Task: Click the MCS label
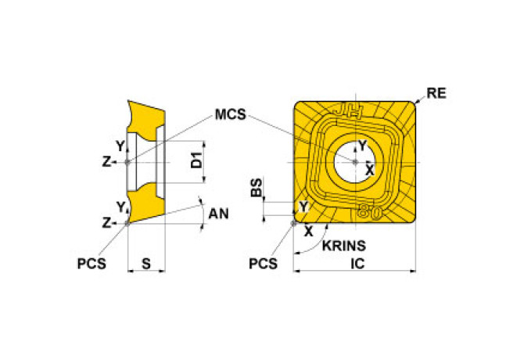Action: [x=230, y=115]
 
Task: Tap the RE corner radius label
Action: [x=436, y=94]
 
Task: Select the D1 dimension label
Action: [x=197, y=163]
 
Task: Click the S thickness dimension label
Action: [x=146, y=264]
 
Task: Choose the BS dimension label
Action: [x=256, y=189]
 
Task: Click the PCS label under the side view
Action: [x=92, y=264]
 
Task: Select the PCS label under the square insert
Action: [x=263, y=264]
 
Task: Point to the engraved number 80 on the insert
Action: [x=369, y=211]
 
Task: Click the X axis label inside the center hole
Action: [x=369, y=169]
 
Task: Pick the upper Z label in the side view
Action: [x=106, y=162]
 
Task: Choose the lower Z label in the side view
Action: [x=106, y=223]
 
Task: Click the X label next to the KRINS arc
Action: [x=307, y=232]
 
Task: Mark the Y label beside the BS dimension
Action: [x=304, y=206]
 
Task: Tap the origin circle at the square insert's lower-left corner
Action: [x=294, y=222]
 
